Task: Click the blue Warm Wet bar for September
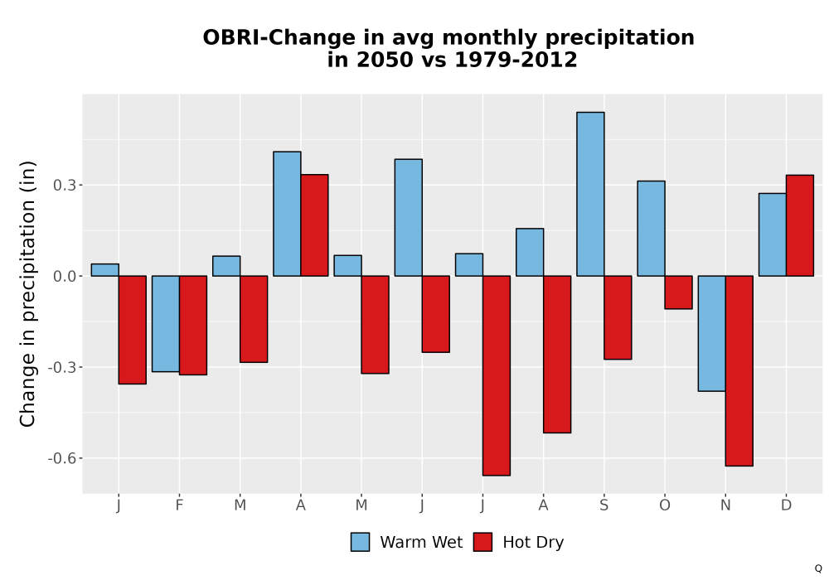[590, 194]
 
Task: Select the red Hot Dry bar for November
[739, 371]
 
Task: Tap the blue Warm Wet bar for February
[166, 324]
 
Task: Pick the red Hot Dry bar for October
[678, 292]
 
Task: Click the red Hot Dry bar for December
[800, 225]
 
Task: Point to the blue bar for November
[711, 333]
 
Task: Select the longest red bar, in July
[497, 375]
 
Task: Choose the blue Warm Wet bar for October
[652, 228]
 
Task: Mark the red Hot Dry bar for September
[618, 317]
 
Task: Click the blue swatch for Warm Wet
[360, 542]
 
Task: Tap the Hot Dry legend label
[533, 543]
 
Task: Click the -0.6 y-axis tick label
[62, 458]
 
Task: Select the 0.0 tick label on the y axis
[64, 276]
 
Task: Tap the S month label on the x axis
[604, 505]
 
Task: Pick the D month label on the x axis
[786, 505]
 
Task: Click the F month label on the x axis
[179, 505]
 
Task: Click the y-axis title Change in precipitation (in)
[27, 293]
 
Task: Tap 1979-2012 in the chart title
[516, 59]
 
